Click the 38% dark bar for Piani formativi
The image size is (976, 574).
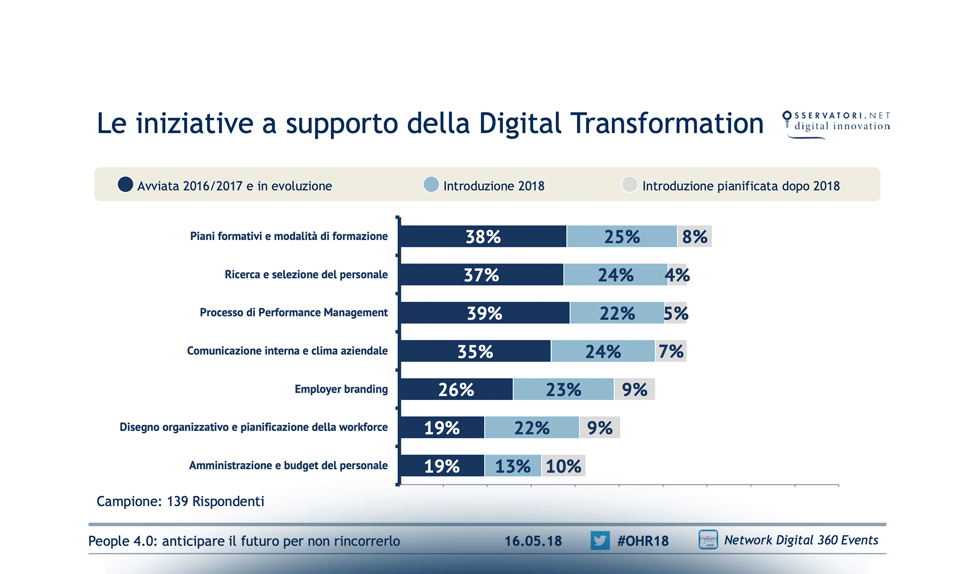[x=483, y=236]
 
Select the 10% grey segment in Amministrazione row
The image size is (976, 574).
[x=563, y=466]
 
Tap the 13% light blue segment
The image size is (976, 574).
[x=512, y=466]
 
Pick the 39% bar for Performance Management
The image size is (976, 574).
[x=484, y=313]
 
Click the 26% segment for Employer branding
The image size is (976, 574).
[x=456, y=389]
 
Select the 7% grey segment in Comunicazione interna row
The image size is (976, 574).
[x=671, y=351]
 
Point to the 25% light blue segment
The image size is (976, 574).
[x=621, y=236]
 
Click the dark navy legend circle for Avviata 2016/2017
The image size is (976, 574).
[x=125, y=185]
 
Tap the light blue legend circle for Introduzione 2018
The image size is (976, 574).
[x=431, y=185]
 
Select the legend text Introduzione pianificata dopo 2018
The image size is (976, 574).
[x=741, y=186]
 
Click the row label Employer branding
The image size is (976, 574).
[x=341, y=389]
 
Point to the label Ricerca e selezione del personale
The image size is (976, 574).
[x=306, y=275]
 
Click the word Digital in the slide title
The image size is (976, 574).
[x=520, y=123]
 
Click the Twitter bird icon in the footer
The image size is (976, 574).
[x=599, y=541]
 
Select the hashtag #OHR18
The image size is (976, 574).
[x=643, y=541]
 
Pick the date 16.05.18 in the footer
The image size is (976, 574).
[x=533, y=541]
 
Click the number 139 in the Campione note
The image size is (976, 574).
[x=177, y=501]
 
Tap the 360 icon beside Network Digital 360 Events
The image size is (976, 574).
[x=708, y=540]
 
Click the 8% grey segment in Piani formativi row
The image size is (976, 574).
[x=695, y=236]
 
